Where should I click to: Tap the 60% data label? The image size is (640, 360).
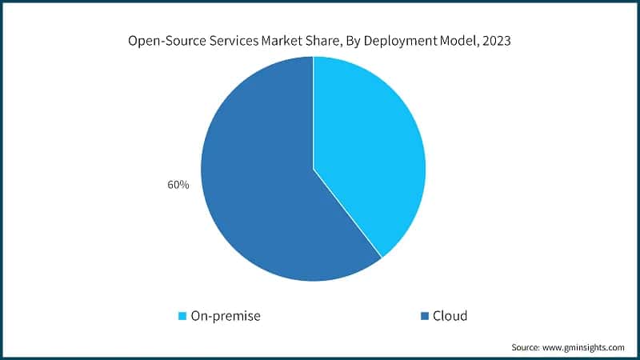pos(178,185)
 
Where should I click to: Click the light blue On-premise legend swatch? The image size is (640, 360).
pos(182,316)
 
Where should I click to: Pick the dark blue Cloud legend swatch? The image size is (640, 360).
pos(425,316)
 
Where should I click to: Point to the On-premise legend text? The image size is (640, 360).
pos(225,316)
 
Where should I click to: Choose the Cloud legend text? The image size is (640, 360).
pos(450,316)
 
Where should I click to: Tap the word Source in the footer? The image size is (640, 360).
pos(526,347)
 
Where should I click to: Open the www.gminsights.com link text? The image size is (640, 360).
pos(585,347)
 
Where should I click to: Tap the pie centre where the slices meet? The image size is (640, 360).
pos(313,169)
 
